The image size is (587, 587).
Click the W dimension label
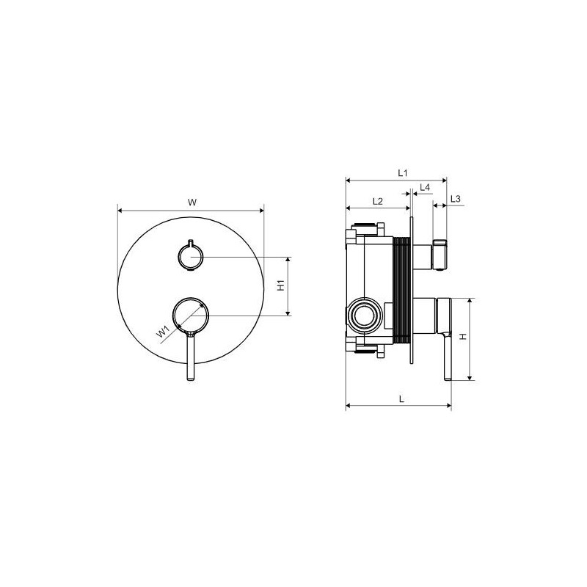(192, 203)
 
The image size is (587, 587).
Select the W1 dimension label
(163, 332)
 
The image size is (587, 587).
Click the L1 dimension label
(402, 173)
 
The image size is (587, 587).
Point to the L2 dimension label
(378, 201)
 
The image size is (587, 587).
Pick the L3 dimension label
(455, 199)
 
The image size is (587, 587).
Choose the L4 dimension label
(425, 187)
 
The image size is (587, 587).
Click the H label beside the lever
(463, 337)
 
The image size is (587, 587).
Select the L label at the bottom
(401, 399)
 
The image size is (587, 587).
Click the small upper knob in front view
(191, 256)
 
